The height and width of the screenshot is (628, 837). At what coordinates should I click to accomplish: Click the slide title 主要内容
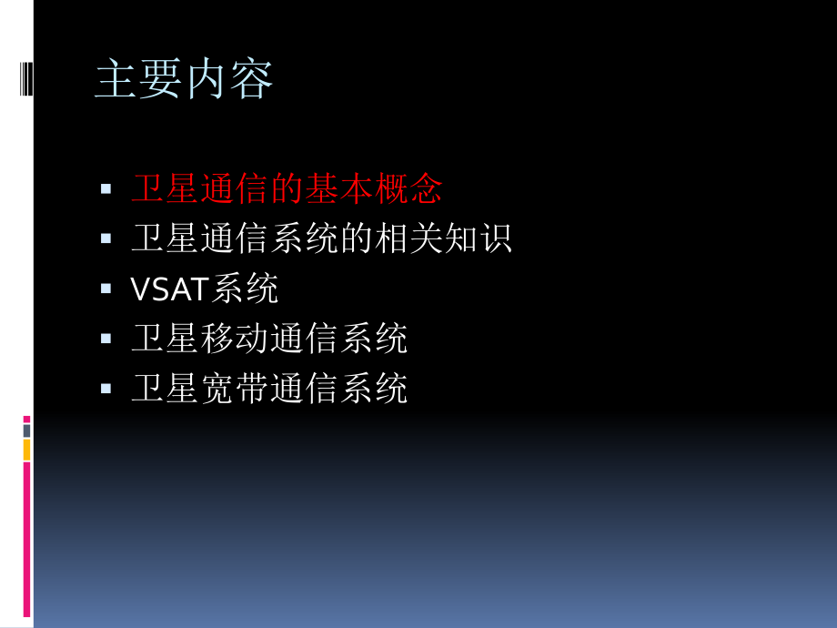click(x=184, y=80)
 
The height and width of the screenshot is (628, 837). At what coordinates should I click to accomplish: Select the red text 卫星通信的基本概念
click(x=287, y=188)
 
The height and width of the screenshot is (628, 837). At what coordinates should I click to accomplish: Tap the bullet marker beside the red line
click(x=106, y=188)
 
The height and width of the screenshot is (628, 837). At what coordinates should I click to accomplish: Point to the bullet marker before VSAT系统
click(x=106, y=289)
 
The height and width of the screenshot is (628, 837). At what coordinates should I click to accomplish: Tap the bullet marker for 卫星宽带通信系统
click(x=106, y=388)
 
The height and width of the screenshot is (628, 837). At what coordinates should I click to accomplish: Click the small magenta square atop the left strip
click(x=26, y=420)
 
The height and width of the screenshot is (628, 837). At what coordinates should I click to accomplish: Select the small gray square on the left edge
click(x=26, y=430)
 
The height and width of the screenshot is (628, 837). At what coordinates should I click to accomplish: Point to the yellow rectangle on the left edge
click(x=26, y=450)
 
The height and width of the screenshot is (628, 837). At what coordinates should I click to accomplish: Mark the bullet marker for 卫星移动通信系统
click(x=106, y=338)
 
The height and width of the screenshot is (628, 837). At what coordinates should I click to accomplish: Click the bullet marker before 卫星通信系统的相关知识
click(x=106, y=238)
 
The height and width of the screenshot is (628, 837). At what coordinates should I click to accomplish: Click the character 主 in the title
click(x=116, y=80)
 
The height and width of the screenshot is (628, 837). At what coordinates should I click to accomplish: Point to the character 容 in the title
click(x=252, y=80)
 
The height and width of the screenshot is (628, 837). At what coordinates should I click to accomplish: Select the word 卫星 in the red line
click(x=165, y=188)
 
